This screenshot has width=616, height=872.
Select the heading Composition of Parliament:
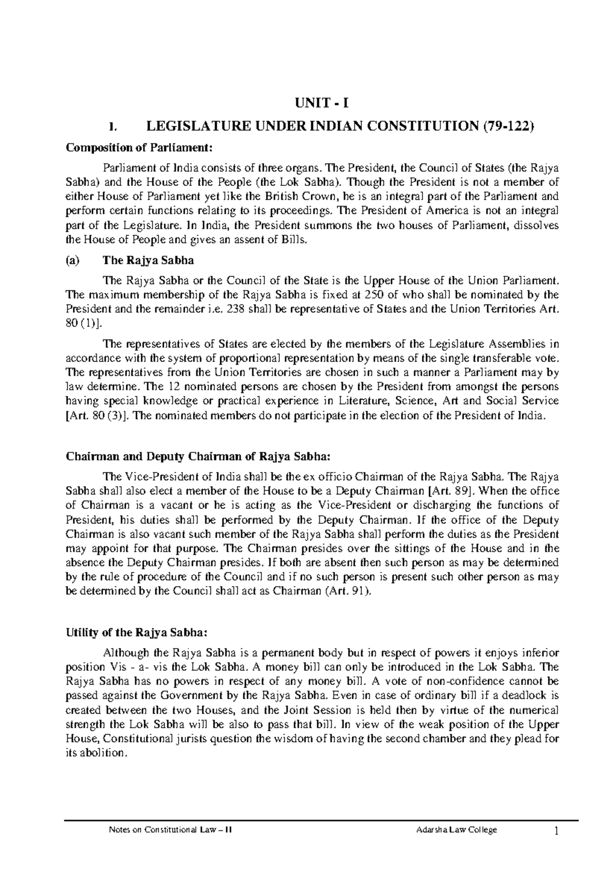point(139,148)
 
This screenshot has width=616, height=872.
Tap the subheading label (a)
point(73,260)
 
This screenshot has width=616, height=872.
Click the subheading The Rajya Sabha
point(148,260)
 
